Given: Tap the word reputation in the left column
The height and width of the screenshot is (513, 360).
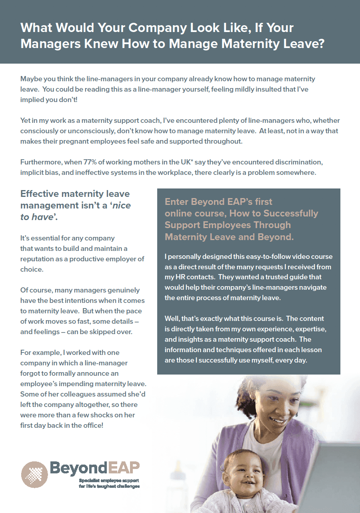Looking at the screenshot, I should click(x=38, y=259).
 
